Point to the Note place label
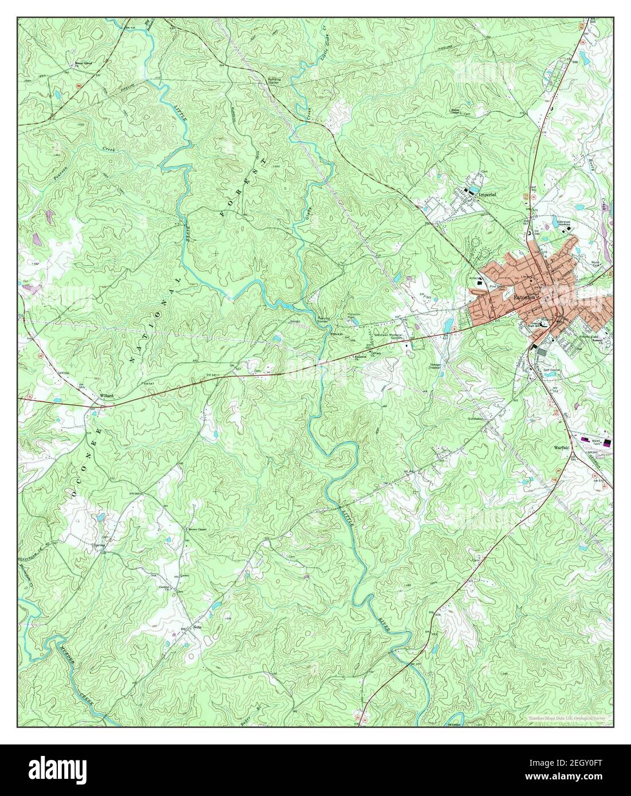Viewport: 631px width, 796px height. (x=198, y=627)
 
